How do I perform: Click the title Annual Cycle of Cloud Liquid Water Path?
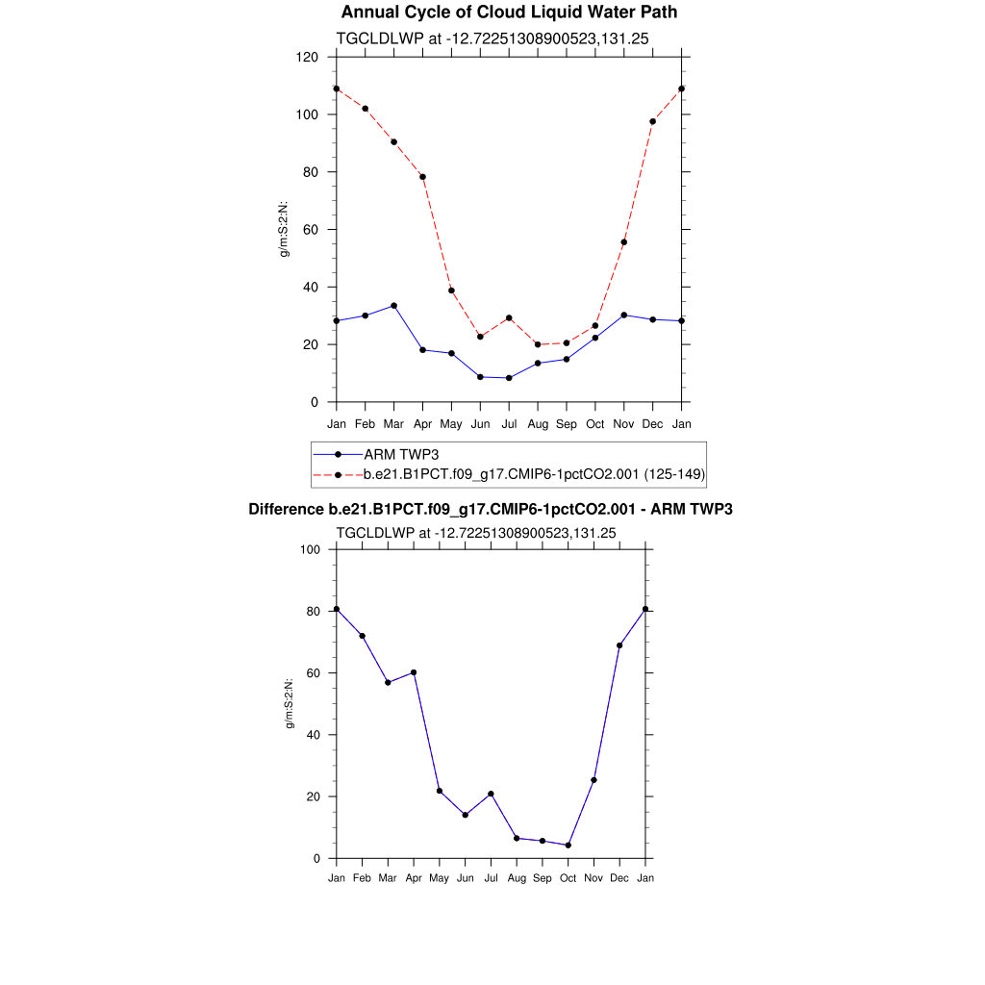click(x=509, y=13)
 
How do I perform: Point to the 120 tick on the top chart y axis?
click(x=308, y=57)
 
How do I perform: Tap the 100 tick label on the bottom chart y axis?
click(x=309, y=549)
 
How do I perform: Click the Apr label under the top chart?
click(x=422, y=423)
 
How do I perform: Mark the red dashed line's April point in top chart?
click(x=422, y=177)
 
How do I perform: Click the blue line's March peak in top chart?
click(x=393, y=306)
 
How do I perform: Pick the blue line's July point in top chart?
click(x=509, y=378)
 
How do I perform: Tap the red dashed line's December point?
click(x=653, y=121)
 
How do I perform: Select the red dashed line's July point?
click(x=509, y=318)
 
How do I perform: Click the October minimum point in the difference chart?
click(x=568, y=846)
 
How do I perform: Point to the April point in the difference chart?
click(x=414, y=672)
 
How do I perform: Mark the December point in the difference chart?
click(x=619, y=645)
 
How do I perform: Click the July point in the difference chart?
click(x=491, y=794)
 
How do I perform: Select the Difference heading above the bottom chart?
click(x=491, y=509)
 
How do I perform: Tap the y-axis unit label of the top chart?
click(x=284, y=229)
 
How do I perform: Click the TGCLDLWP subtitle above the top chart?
click(x=477, y=38)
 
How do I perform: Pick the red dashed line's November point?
click(x=624, y=242)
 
